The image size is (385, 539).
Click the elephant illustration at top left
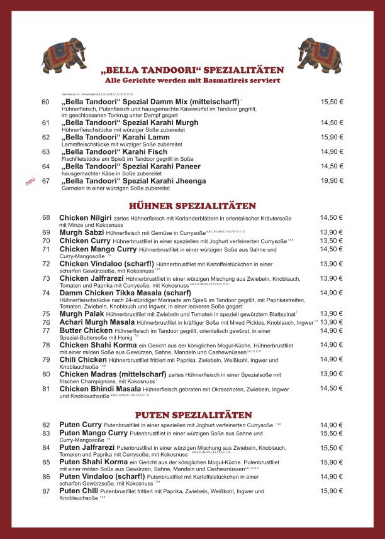point(64,55)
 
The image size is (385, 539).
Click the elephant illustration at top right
point(320,54)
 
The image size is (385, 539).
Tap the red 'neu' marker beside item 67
point(29,182)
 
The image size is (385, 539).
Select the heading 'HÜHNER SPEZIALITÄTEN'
point(192,205)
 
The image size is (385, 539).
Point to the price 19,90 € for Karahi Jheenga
point(332,181)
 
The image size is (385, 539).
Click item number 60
point(46,102)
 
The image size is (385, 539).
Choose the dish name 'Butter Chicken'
point(86,330)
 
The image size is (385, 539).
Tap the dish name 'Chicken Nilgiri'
point(86,217)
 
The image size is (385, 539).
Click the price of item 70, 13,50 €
point(332,241)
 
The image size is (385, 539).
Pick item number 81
point(46,389)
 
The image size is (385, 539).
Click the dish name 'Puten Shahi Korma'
point(94,462)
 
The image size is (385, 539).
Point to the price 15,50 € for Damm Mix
point(332,102)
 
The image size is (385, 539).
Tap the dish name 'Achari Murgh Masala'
point(97,322)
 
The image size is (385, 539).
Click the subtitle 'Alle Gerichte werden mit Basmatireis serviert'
point(192,81)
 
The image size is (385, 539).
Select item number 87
point(46,491)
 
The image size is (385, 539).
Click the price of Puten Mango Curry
point(332,433)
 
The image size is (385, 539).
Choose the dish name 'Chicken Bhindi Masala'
point(100,389)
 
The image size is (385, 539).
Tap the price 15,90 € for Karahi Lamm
point(332,137)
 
